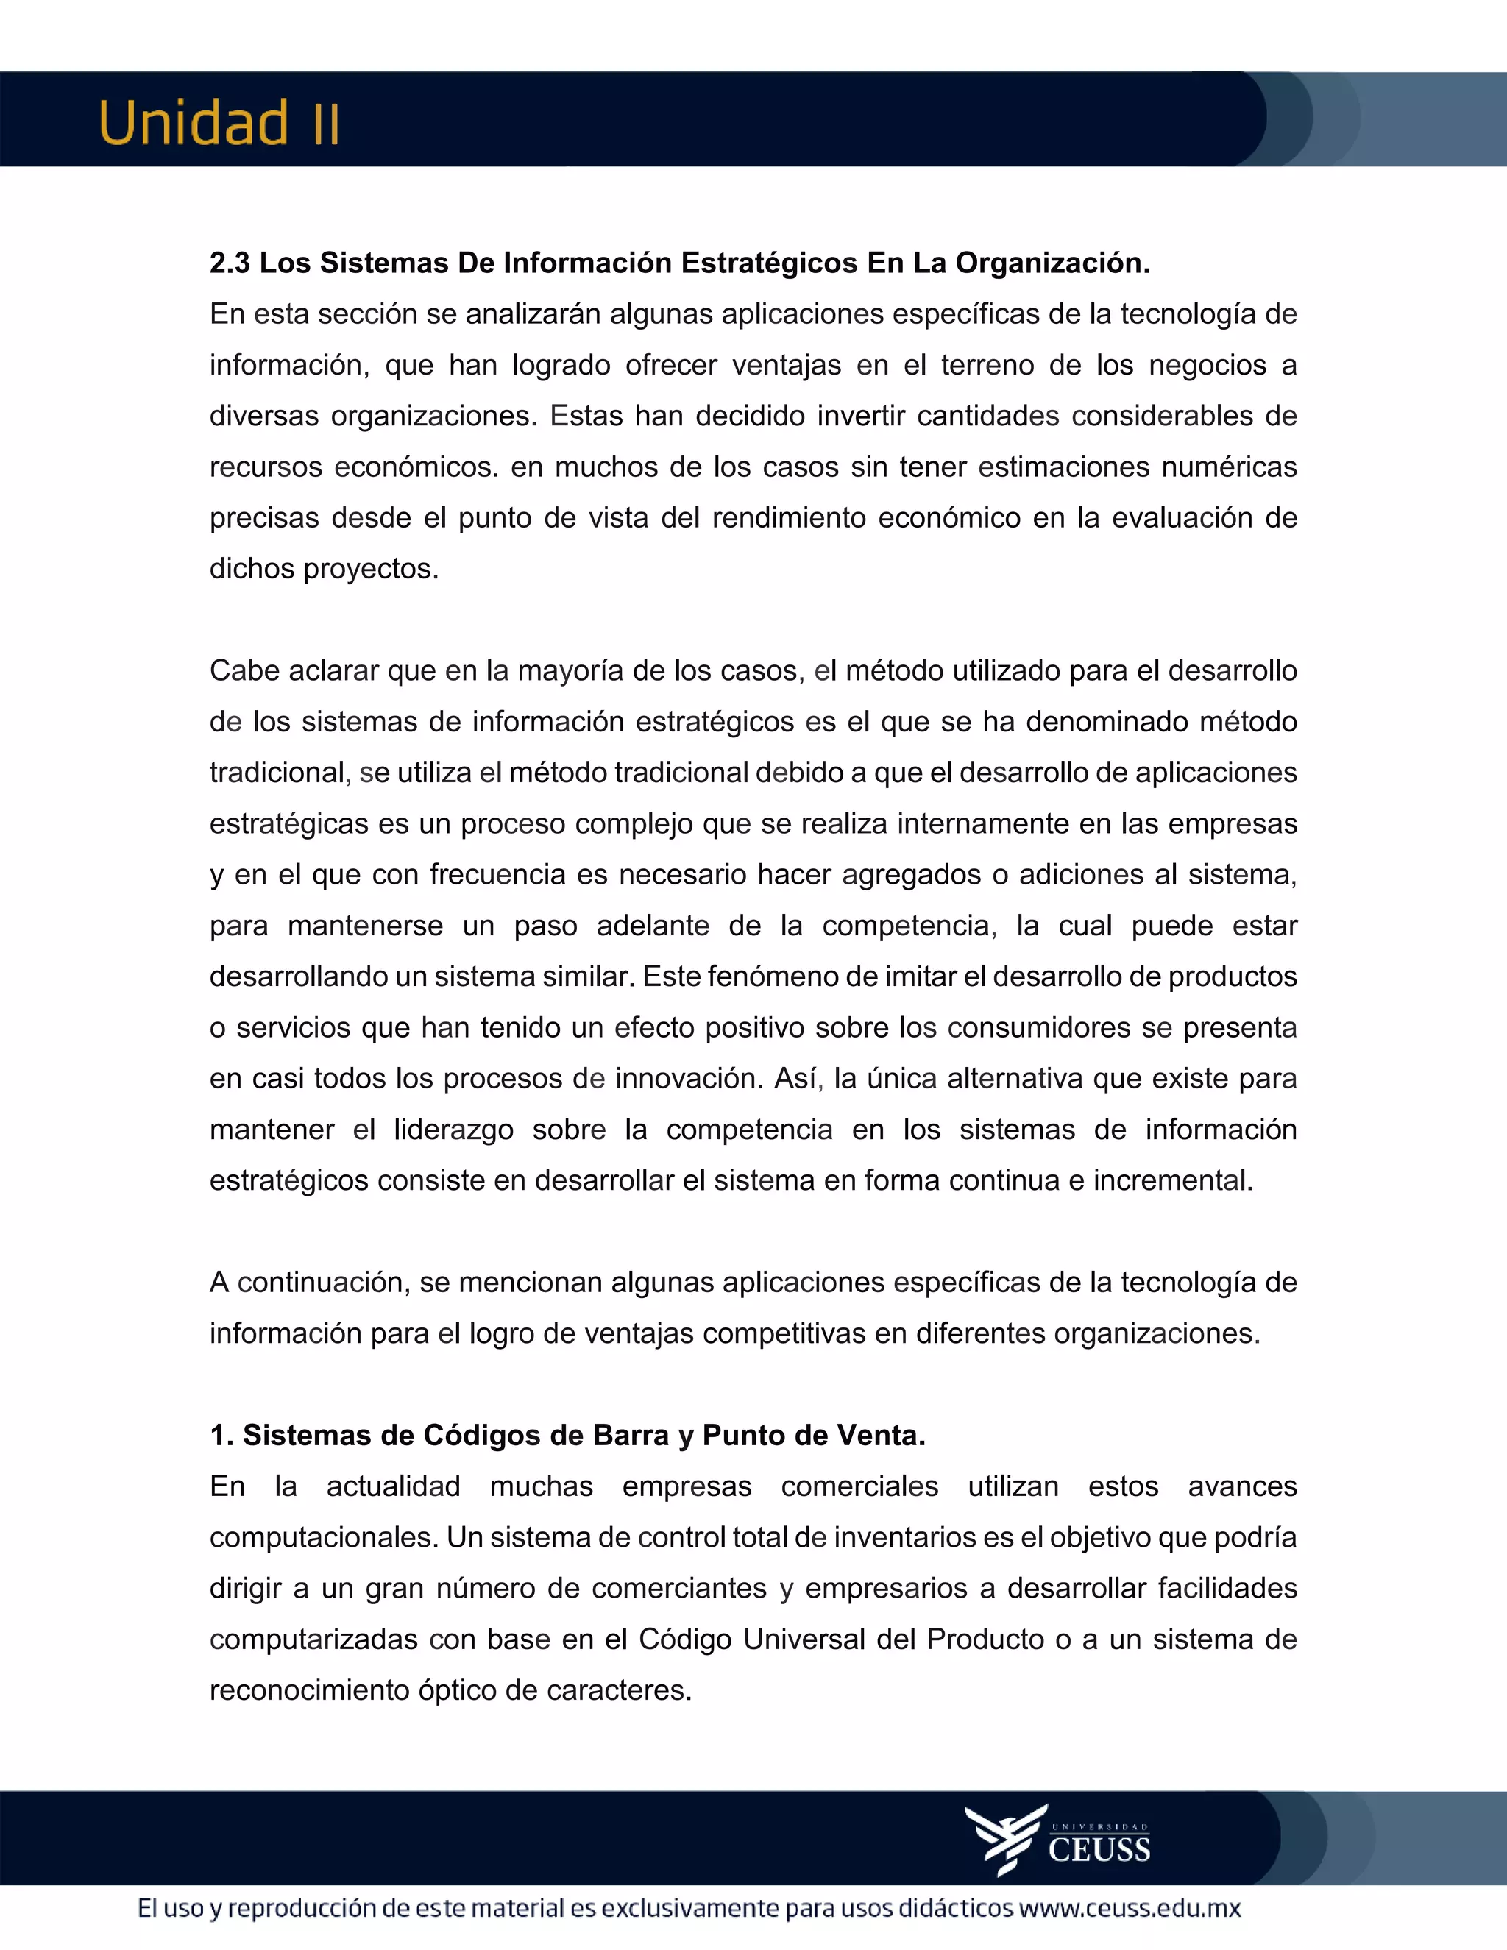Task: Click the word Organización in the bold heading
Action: coord(1052,263)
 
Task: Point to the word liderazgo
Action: coord(453,1130)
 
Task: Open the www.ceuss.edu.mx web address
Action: coord(1130,1909)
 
